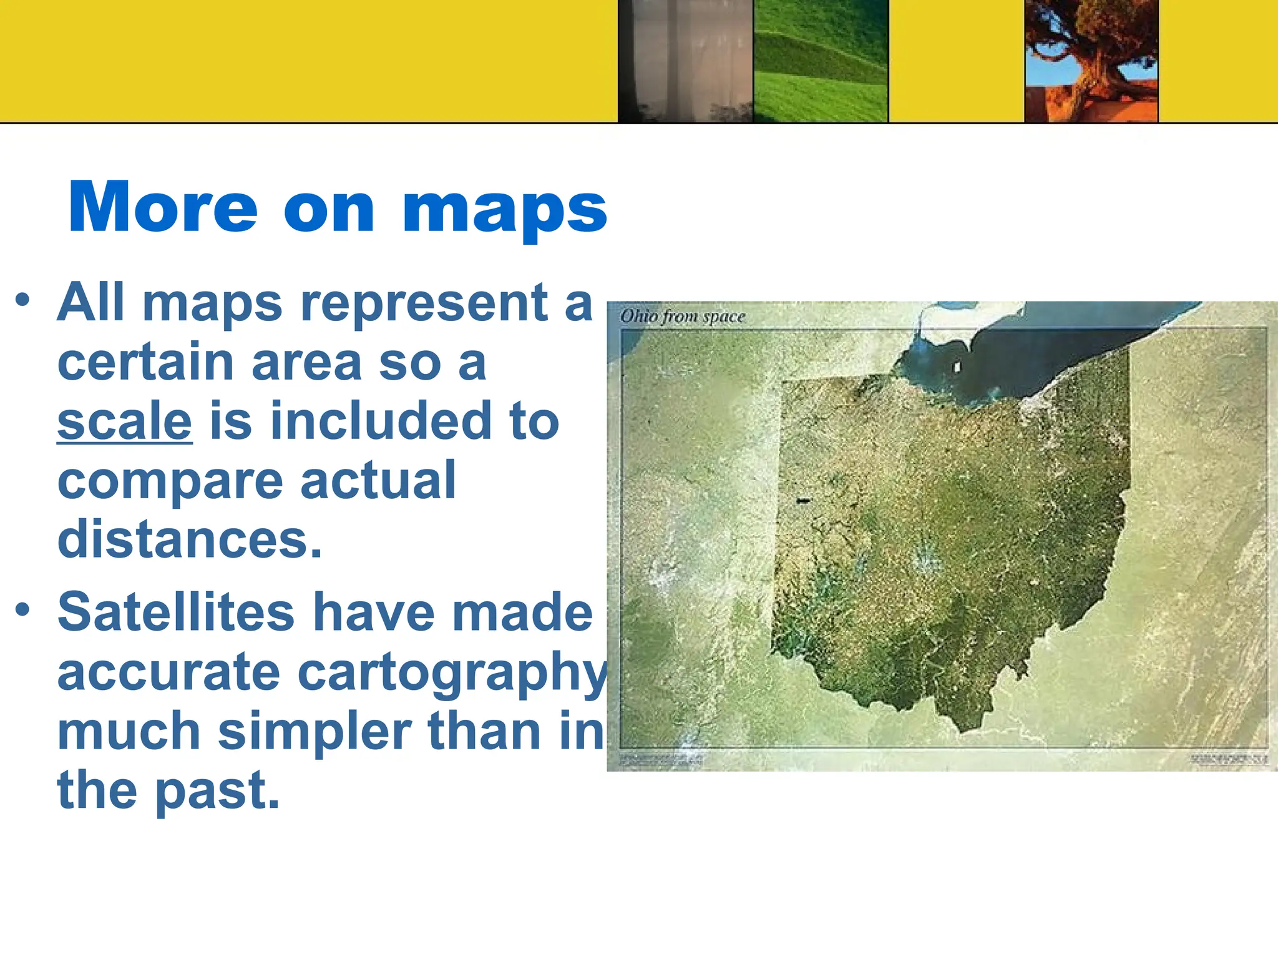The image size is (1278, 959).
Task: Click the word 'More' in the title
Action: point(162,207)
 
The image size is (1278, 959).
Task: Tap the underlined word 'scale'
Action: point(125,421)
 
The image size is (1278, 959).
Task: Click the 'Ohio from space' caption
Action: point(683,317)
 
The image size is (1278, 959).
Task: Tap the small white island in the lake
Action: point(957,368)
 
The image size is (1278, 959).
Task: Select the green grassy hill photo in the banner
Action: point(821,61)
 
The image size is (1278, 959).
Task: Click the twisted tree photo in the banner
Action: point(1091,61)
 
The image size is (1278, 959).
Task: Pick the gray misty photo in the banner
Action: point(685,61)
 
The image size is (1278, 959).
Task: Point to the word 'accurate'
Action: point(168,672)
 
